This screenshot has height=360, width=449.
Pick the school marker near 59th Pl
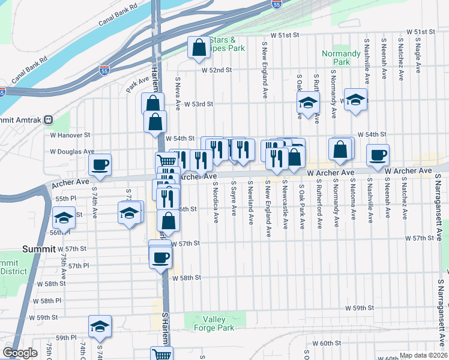pos(100,326)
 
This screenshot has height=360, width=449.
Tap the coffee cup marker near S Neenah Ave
pos(378,155)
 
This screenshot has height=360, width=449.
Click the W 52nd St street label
pos(216,70)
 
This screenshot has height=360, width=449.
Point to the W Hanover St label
pos(70,136)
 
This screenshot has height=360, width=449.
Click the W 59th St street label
pos(358,308)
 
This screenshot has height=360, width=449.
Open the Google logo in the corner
pos(20,353)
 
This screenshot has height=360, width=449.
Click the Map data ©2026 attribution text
pos(422,355)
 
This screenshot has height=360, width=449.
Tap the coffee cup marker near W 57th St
pos(160,258)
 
